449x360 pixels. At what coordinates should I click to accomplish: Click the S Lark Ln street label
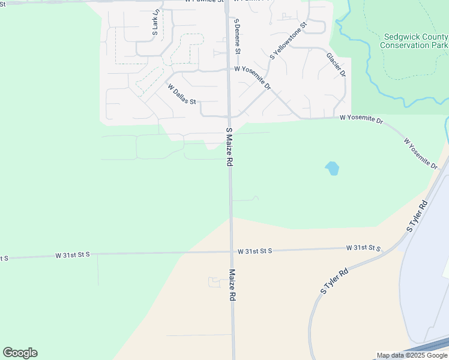[155, 22]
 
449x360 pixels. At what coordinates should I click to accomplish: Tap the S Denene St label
[237, 36]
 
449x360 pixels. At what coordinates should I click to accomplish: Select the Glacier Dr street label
[336, 65]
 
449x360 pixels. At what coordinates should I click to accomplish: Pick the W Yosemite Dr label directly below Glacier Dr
[361, 119]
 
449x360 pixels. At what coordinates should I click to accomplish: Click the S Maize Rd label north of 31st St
[229, 147]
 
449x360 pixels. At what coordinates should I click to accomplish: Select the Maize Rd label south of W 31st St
[232, 285]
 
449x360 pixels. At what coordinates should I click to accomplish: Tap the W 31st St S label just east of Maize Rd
[255, 250]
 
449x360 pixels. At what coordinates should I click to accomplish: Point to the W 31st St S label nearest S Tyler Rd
[364, 247]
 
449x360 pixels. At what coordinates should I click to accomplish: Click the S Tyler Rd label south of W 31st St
[334, 281]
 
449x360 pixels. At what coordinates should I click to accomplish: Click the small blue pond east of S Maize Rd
[332, 169]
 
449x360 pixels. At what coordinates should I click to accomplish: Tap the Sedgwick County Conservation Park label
[414, 41]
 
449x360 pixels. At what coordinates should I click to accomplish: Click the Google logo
[20, 353]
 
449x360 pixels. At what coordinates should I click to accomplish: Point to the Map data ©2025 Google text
[412, 355]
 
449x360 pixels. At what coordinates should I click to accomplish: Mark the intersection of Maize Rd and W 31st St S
[232, 251]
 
